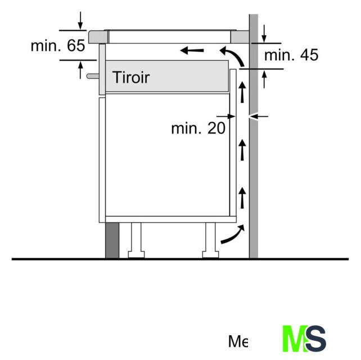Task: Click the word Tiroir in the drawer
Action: pyautogui.click(x=131, y=77)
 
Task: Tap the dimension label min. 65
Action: pyautogui.click(x=58, y=46)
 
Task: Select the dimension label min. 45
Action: pyautogui.click(x=291, y=55)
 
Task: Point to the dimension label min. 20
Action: pyautogui.click(x=198, y=128)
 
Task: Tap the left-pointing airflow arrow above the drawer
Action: pyautogui.click(x=192, y=51)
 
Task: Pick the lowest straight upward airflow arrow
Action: pyautogui.click(x=242, y=198)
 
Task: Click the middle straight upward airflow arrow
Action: pyautogui.click(x=242, y=150)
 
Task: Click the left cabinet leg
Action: pyautogui.click(x=136, y=240)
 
